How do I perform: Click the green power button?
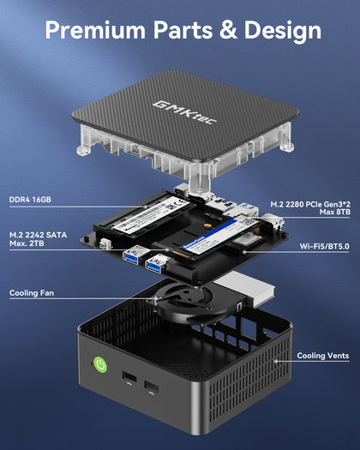click(x=101, y=365)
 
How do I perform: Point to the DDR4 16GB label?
click(x=30, y=200)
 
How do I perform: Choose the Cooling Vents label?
click(x=321, y=355)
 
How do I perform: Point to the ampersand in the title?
click(x=223, y=31)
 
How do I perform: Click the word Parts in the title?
click(x=178, y=31)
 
